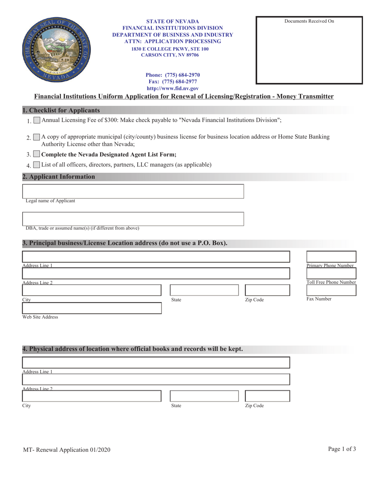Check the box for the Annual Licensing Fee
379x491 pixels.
pyautogui.click(x=37, y=120)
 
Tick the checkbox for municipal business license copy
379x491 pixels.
pyautogui.click(x=37, y=137)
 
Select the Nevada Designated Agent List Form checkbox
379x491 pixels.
pyautogui.click(x=37, y=154)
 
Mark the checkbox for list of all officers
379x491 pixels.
pyautogui.click(x=37, y=165)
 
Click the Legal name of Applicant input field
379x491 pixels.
pyautogui.click(x=133, y=191)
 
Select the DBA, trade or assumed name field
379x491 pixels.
pyautogui.click(x=133, y=219)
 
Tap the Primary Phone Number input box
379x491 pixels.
pyautogui.click(x=331, y=257)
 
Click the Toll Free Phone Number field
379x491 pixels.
pyautogui.click(x=331, y=273)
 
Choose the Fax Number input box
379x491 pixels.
pyautogui.click(x=331, y=290)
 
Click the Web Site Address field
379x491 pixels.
pyautogui.click(x=92, y=308)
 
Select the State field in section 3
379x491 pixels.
pyautogui.click(x=204, y=290)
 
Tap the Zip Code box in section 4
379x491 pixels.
pyautogui.click(x=267, y=396)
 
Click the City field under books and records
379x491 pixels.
pyautogui.click(x=92, y=396)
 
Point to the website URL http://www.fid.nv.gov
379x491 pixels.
pyautogui.click(x=172, y=89)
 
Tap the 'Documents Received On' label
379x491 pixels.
pyautogui.click(x=309, y=21)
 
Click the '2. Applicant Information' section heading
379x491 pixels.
pyautogui.click(x=59, y=177)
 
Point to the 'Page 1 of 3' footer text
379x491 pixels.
pyautogui.click(x=342, y=449)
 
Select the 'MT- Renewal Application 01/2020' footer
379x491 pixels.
pyautogui.click(x=67, y=450)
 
